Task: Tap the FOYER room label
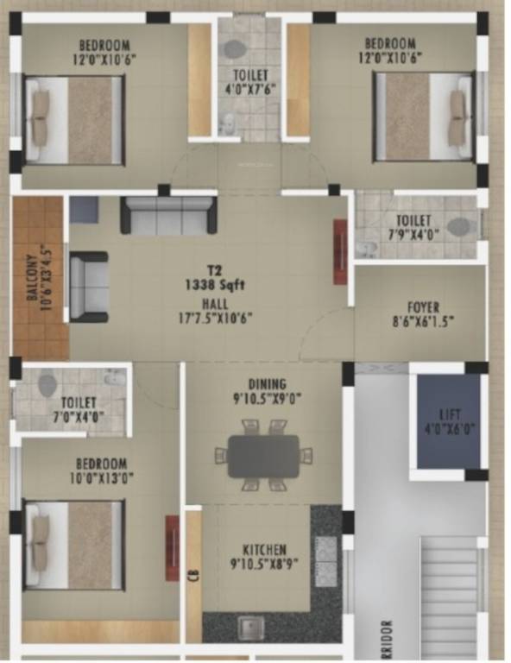[424, 306]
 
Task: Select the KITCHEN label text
[265, 550]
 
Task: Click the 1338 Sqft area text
[210, 283]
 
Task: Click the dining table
[263, 454]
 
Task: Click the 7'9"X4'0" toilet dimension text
[413, 235]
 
